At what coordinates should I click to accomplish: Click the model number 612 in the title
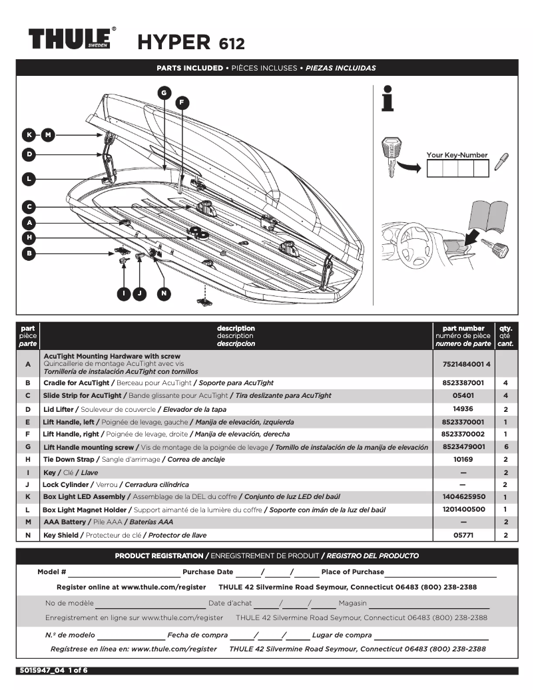[x=232, y=44]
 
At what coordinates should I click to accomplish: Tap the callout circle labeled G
[x=164, y=92]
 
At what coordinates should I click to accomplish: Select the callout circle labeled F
[x=182, y=102]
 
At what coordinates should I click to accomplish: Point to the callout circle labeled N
[x=164, y=293]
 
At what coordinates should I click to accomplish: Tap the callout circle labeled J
[x=139, y=293]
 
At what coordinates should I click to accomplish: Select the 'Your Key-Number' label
[x=457, y=155]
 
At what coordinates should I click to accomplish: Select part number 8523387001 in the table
[x=463, y=383]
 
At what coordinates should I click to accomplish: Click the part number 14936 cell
[x=463, y=409]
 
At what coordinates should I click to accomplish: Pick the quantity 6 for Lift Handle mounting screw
[x=506, y=447]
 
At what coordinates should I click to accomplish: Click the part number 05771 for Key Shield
[x=463, y=535]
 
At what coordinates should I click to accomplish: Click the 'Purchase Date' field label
[x=208, y=572]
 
